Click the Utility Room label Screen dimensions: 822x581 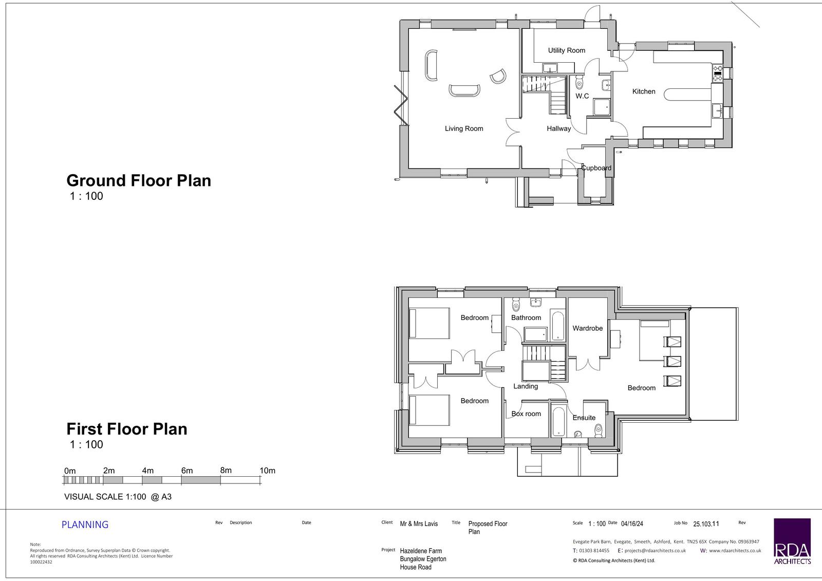567,50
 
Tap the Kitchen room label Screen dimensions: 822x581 644,91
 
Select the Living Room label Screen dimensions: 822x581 464,128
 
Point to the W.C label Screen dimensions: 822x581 582,96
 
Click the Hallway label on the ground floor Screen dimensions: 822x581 558,128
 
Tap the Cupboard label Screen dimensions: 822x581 596,168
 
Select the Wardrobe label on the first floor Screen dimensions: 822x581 588,328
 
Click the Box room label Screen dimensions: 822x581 526,414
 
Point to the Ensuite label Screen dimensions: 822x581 584,418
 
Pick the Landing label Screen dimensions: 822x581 526,386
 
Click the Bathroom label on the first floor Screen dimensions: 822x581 526,317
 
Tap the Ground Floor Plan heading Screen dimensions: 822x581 139,181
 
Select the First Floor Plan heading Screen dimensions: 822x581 126,428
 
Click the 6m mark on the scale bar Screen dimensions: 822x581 187,471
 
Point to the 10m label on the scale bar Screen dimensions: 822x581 268,471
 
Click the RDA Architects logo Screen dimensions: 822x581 792,541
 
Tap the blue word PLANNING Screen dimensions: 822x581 85,525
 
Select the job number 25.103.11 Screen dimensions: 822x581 706,524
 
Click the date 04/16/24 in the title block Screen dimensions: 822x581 632,524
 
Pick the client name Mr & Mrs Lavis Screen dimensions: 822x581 419,524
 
